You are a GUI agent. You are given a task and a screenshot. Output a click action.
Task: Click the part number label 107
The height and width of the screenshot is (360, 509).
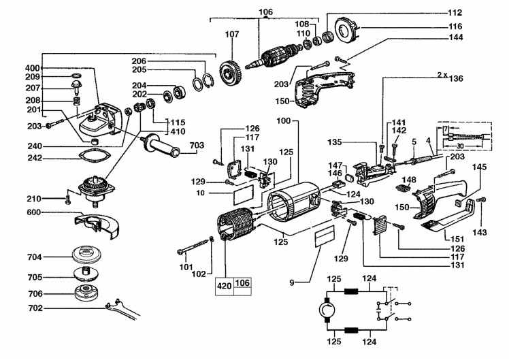tap(232, 34)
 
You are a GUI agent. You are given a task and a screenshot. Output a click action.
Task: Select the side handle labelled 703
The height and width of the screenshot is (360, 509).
tap(161, 146)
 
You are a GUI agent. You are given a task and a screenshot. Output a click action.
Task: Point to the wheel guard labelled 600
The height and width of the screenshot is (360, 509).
tap(97, 225)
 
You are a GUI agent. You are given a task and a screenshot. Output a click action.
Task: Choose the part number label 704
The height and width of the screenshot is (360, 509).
tap(35, 257)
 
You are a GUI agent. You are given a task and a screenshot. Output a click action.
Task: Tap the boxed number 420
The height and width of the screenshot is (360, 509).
tap(225, 286)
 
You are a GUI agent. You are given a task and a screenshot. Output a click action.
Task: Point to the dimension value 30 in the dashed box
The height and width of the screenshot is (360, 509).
tap(460, 146)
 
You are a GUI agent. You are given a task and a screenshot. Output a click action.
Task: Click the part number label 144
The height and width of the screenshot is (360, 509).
tap(456, 37)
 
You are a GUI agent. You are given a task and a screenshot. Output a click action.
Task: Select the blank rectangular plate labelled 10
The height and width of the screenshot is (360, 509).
tap(243, 195)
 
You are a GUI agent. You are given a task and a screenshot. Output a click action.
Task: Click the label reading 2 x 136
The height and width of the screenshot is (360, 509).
tap(450, 77)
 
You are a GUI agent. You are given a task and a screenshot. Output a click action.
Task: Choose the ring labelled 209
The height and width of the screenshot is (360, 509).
tap(76, 76)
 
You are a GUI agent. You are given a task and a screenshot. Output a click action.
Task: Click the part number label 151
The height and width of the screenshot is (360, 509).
tap(457, 240)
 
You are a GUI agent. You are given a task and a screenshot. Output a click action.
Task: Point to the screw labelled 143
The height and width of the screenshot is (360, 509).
tap(480, 199)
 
